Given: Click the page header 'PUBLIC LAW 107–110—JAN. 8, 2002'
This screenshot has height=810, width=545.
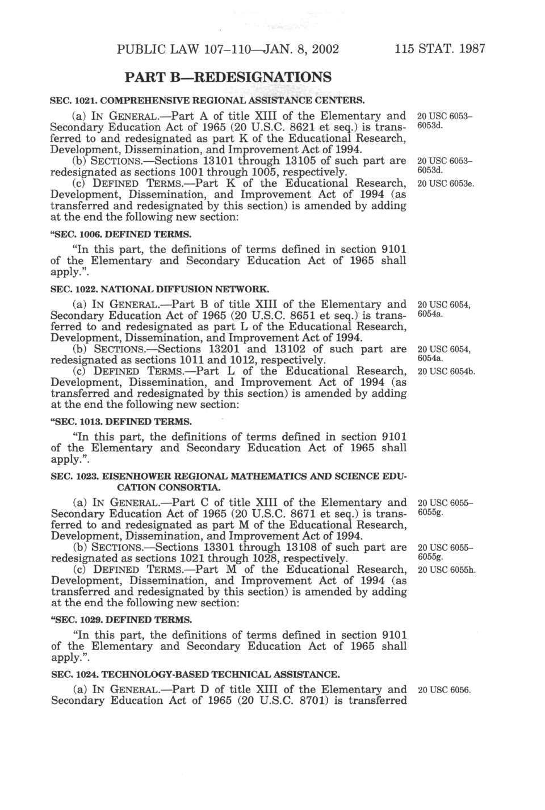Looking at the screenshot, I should click(x=228, y=48).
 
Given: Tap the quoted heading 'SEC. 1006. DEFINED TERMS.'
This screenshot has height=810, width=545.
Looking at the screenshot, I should click(x=121, y=234).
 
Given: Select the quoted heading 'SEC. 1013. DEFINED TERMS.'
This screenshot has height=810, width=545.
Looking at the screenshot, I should click(x=121, y=422).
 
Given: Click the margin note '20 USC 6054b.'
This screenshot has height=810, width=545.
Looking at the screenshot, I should click(x=446, y=371).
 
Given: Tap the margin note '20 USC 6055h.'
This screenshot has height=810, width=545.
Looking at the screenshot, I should click(x=446, y=569).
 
